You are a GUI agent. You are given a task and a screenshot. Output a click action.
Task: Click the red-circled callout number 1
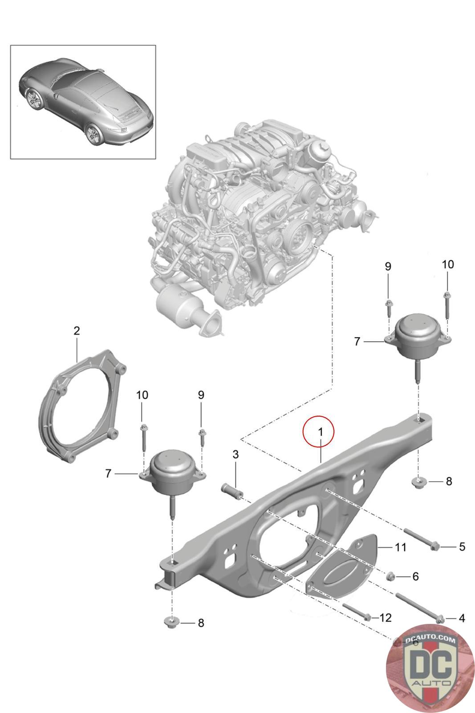coord(318,431)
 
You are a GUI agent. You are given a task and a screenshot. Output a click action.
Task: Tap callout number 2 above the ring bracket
coord(77,331)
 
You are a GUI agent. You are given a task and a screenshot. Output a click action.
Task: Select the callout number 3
coord(235,455)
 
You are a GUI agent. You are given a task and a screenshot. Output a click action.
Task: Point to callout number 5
coord(462,546)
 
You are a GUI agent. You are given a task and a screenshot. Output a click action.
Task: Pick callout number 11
coord(401,546)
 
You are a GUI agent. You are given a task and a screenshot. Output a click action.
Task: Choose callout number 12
coord(385,617)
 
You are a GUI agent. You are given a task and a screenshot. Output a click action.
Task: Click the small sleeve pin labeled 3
coord(231,492)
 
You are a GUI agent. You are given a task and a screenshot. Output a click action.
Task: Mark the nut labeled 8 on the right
coord(419,481)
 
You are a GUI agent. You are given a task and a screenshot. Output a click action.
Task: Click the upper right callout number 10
coord(447,264)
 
